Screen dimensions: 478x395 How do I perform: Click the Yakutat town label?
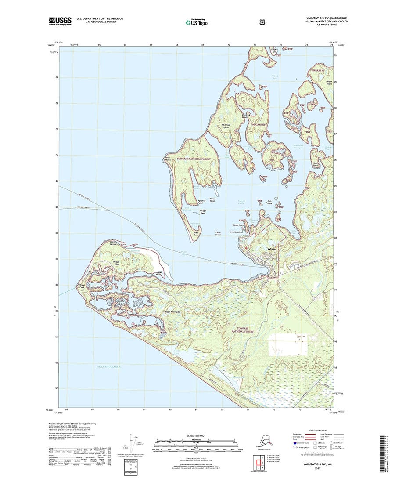coord(272,249)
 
